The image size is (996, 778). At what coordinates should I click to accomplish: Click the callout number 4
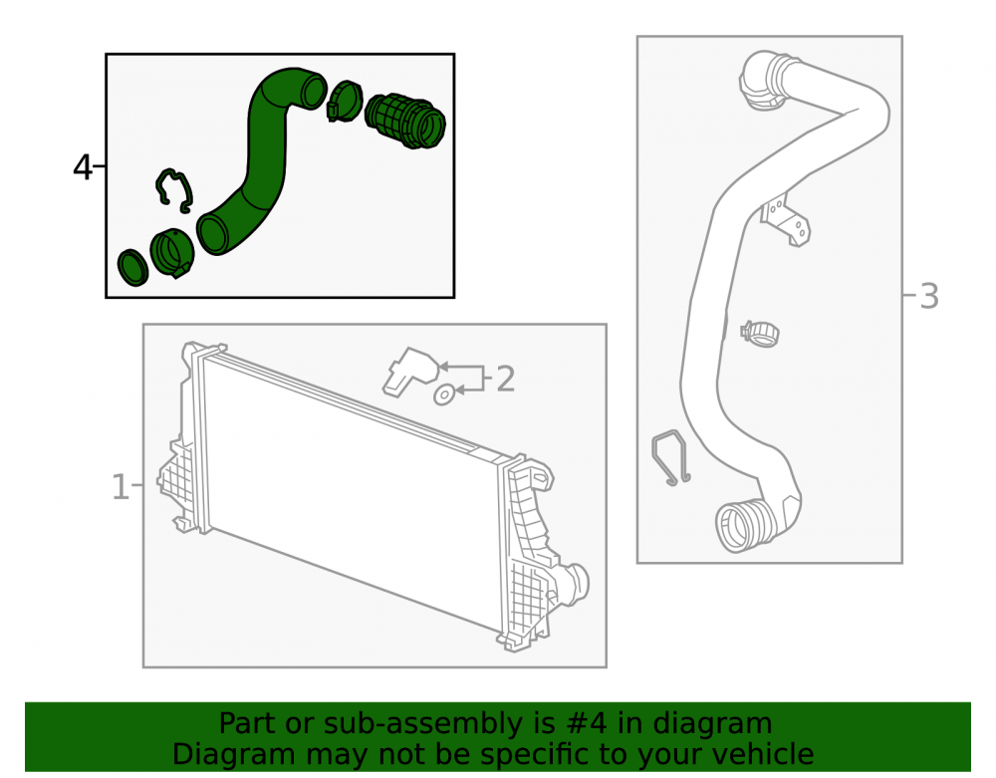coord(83,167)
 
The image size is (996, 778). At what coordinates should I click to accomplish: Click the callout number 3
coord(928,296)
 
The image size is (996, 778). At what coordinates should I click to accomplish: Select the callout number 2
coord(505,379)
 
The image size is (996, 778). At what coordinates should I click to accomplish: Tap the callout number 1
coord(121,487)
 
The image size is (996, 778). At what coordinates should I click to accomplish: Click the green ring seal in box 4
coord(132,267)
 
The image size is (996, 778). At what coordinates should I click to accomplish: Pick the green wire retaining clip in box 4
coord(174,190)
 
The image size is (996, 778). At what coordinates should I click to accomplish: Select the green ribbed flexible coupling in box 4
coord(405,121)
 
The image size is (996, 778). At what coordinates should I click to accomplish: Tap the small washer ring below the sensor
coord(444,394)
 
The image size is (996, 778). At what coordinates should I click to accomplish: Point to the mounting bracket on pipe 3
coord(787,221)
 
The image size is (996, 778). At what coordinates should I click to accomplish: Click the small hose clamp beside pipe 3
coord(760,334)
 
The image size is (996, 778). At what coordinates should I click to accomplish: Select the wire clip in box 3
coord(670,458)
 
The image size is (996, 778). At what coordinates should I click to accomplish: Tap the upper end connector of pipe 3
coord(766,80)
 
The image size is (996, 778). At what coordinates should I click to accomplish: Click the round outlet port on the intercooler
coord(575,584)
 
